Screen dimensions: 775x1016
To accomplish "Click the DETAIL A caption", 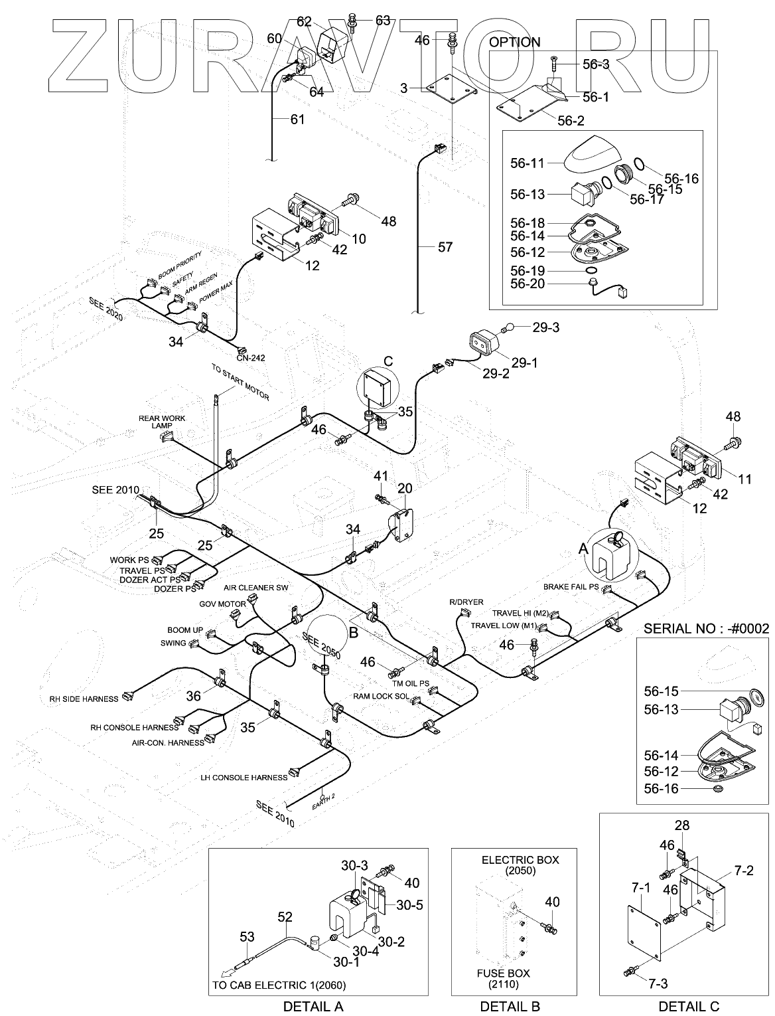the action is (x=313, y=1006).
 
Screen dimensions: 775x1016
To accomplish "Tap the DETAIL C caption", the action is (x=689, y=1006).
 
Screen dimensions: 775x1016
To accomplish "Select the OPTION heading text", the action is (x=514, y=42).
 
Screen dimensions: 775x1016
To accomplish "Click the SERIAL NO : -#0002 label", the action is (x=706, y=629).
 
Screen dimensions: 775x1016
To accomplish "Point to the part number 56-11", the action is (x=527, y=163).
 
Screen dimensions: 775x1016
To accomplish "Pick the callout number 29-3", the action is (x=545, y=327).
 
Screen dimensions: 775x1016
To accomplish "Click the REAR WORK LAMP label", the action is (x=162, y=422).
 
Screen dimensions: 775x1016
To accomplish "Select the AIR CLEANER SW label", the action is (x=255, y=588).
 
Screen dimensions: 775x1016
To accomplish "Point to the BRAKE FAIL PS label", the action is (x=571, y=587).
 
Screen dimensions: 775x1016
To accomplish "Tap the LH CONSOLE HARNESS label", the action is (x=244, y=778).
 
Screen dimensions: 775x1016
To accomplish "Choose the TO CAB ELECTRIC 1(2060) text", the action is (x=279, y=985).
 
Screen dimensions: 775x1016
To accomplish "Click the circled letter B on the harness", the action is (x=353, y=633).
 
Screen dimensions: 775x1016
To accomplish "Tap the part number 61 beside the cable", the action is (x=297, y=120).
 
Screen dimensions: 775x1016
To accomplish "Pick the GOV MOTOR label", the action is (x=222, y=604).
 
